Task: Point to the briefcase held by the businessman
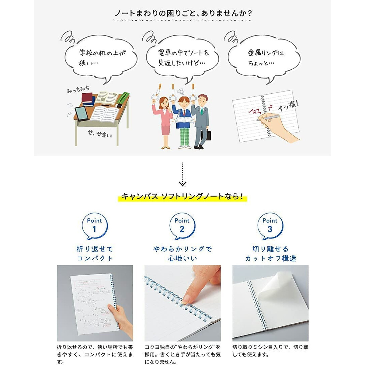(208, 134)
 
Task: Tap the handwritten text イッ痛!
(288, 106)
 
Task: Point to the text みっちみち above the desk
(78, 89)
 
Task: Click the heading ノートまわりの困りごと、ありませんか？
(182, 13)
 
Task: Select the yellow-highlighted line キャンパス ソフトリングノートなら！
(182, 196)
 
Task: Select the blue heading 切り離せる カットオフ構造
(270, 254)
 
